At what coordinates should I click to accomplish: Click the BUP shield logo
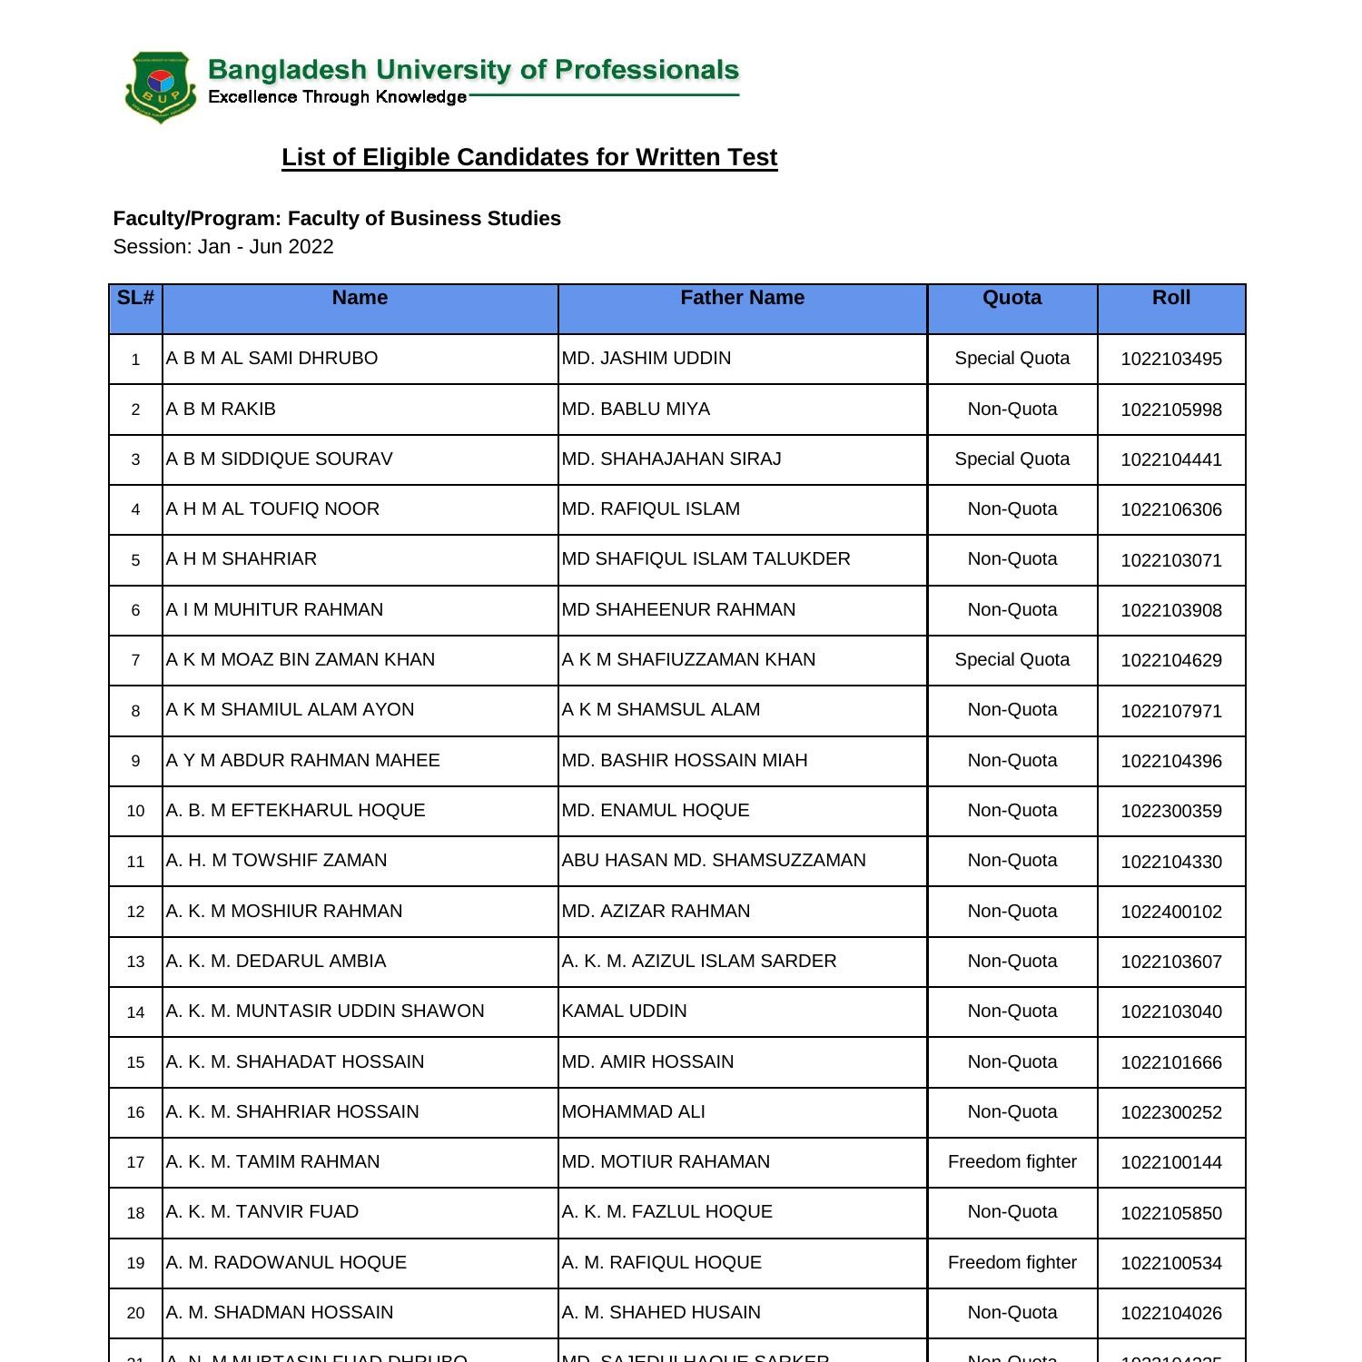tap(161, 87)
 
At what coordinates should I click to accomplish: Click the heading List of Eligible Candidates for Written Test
tap(529, 157)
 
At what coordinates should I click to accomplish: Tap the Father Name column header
tap(742, 298)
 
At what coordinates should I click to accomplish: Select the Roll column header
tap(1170, 298)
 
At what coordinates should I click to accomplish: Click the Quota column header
tap(1012, 298)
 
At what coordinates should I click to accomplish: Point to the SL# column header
tap(135, 298)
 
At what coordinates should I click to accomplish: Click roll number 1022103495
tap(1170, 359)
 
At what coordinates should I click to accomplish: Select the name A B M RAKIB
tap(221, 409)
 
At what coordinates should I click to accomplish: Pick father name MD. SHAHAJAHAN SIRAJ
tap(671, 459)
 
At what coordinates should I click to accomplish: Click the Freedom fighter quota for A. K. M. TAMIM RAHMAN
tap(1012, 1161)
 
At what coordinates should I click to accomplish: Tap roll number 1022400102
tap(1170, 912)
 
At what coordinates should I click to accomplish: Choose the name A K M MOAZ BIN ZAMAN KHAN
tap(301, 659)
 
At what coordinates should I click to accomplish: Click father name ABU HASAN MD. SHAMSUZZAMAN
tap(714, 860)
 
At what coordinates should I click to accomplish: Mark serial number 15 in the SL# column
tap(135, 1062)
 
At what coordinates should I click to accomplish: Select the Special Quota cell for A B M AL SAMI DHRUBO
tap(1012, 358)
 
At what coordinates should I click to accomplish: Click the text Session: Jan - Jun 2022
tap(223, 247)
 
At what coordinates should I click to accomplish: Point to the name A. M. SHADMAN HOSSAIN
tap(280, 1312)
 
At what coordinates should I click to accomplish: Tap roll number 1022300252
tap(1170, 1112)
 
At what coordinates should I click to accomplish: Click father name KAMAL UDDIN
tap(625, 1011)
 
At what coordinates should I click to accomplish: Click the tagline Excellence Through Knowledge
tap(337, 97)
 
